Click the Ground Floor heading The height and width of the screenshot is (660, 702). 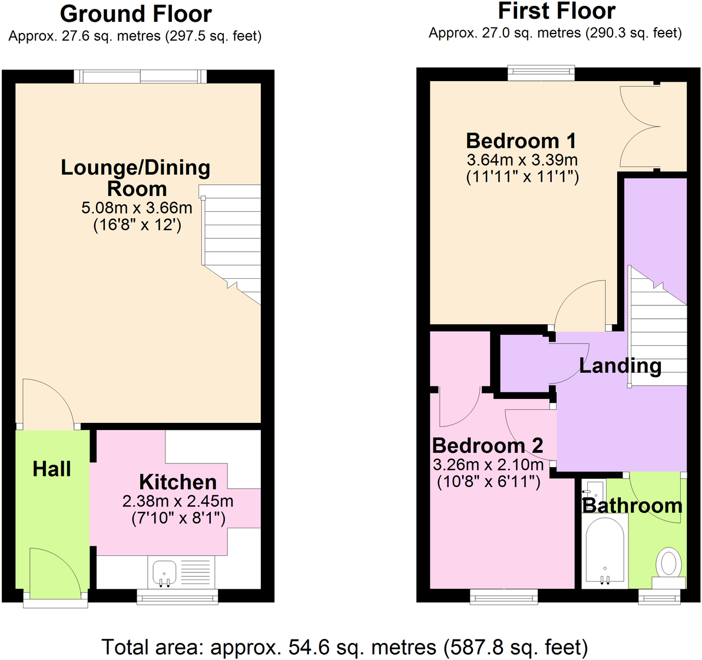(135, 14)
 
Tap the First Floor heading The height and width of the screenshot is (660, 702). (557, 11)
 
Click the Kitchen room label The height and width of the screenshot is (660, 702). (178, 482)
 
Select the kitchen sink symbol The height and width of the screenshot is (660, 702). (164, 572)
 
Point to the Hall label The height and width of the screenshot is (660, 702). (52, 469)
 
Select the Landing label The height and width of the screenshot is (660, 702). (620, 365)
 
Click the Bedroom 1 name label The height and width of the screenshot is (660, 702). (521, 141)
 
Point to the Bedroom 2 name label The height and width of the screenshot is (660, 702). (488, 445)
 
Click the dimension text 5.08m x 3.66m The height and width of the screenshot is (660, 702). (137, 208)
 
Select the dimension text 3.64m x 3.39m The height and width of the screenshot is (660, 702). (522, 159)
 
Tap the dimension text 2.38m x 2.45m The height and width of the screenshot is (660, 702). (178, 501)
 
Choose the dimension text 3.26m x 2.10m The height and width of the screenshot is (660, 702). (488, 464)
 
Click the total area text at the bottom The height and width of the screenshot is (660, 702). (345, 647)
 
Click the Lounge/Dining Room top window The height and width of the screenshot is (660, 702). (141, 76)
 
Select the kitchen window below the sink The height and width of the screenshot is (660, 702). (177, 596)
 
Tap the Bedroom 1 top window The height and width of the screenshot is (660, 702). (541, 72)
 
